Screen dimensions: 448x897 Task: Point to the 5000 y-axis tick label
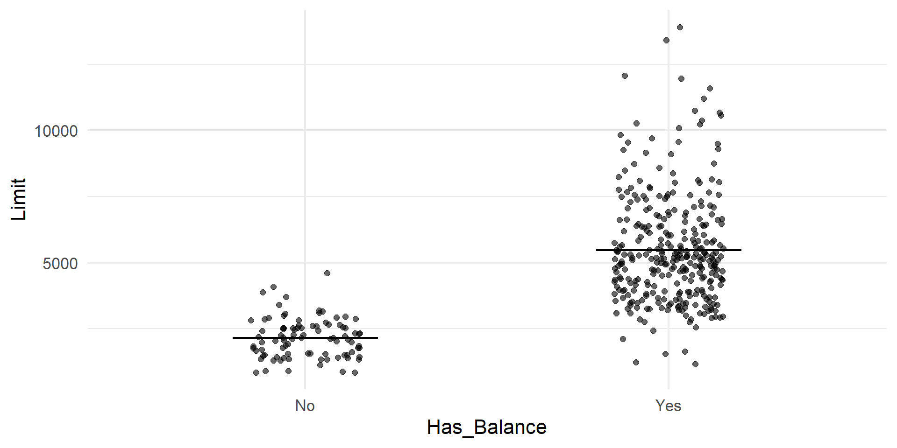pyautogui.click(x=60, y=264)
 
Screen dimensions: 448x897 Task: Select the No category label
pyautogui.click(x=305, y=406)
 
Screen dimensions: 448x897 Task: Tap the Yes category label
pyautogui.click(x=668, y=406)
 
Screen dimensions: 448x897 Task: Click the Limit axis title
pyautogui.click(x=19, y=199)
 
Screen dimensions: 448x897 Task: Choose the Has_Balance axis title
pyautogui.click(x=486, y=427)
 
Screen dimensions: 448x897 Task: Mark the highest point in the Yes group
pyautogui.click(x=680, y=28)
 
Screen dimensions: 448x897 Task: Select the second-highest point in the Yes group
pyautogui.click(x=666, y=41)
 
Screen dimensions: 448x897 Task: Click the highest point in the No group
pyautogui.click(x=327, y=273)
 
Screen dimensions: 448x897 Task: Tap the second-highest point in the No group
pyautogui.click(x=273, y=287)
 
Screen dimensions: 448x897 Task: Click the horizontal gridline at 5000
pyautogui.click(x=467, y=263)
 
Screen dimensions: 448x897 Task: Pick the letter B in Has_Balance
pyautogui.click(x=480, y=427)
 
